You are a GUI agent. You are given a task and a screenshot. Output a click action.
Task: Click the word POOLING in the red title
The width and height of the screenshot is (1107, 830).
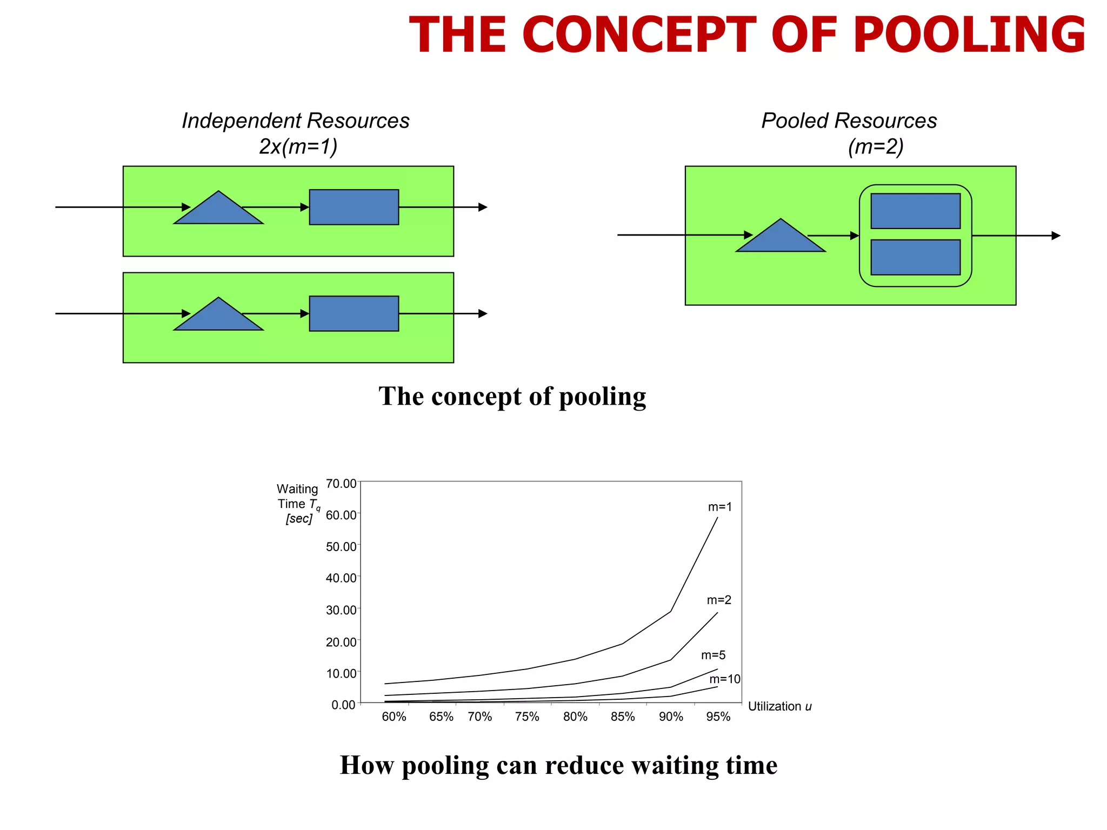click(969, 35)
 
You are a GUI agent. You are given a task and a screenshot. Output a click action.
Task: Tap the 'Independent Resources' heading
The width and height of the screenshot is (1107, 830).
click(295, 121)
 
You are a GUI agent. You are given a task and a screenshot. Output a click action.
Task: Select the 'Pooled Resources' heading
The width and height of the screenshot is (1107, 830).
click(849, 121)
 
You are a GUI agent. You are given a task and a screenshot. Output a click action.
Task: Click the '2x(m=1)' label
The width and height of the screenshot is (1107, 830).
click(298, 146)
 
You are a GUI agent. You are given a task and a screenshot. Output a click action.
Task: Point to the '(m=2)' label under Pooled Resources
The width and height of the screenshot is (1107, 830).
click(875, 146)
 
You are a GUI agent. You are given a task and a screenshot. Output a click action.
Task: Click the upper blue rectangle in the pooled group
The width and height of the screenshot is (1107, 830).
click(915, 211)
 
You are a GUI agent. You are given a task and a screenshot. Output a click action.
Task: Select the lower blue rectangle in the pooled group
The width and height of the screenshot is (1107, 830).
click(915, 257)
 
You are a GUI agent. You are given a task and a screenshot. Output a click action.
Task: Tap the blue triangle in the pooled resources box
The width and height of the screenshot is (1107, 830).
click(781, 238)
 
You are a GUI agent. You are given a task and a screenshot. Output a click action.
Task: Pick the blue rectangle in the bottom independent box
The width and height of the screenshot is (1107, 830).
click(354, 313)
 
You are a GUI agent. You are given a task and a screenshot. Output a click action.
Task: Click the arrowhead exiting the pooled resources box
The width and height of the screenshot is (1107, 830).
click(1056, 236)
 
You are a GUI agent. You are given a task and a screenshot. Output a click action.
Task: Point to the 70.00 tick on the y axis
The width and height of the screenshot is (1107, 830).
click(341, 484)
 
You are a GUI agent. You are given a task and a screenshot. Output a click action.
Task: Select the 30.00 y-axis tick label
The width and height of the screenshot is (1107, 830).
click(341, 610)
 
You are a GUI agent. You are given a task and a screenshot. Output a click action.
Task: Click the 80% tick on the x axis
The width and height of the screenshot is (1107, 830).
click(575, 717)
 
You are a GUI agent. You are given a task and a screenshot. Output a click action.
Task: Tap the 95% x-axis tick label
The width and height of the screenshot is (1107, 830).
click(718, 717)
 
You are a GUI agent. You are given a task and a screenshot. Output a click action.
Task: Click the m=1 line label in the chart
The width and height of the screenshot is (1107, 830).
click(720, 507)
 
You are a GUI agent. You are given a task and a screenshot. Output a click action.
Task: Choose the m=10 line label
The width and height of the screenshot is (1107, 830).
click(725, 679)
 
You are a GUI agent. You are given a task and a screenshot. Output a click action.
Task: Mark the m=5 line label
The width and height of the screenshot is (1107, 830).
click(713, 655)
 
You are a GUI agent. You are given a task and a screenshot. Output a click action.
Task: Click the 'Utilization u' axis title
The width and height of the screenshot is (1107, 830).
click(779, 706)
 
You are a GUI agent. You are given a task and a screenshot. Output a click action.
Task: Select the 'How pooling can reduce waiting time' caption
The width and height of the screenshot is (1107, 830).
click(558, 765)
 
